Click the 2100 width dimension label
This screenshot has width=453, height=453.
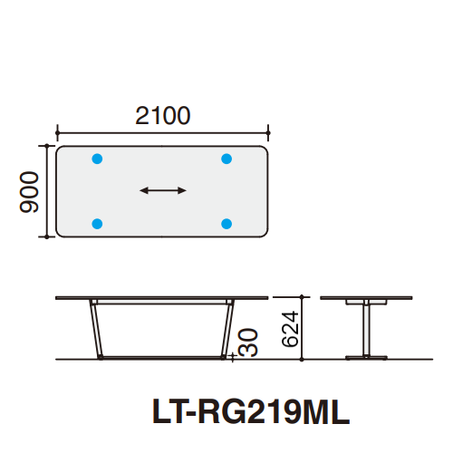pos(163,115)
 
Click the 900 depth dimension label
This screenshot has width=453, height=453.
pos(29,190)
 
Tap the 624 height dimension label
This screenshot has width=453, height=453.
pos(288,327)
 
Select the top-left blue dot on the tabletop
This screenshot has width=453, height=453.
pos(98,159)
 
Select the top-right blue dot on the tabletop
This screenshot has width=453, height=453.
pos(226,159)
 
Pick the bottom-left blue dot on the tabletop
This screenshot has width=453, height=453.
pos(98,223)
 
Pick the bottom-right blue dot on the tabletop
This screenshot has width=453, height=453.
pos(226,223)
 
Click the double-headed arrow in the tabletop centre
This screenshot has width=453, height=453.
pos(163,190)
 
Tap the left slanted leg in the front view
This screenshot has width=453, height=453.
pos(94,328)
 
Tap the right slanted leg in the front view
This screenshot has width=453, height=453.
pos(228,328)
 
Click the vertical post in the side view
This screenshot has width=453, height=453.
pos(366,328)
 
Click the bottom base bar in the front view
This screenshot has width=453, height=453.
pos(161,357)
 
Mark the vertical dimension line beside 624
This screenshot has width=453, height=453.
pos(303,328)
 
